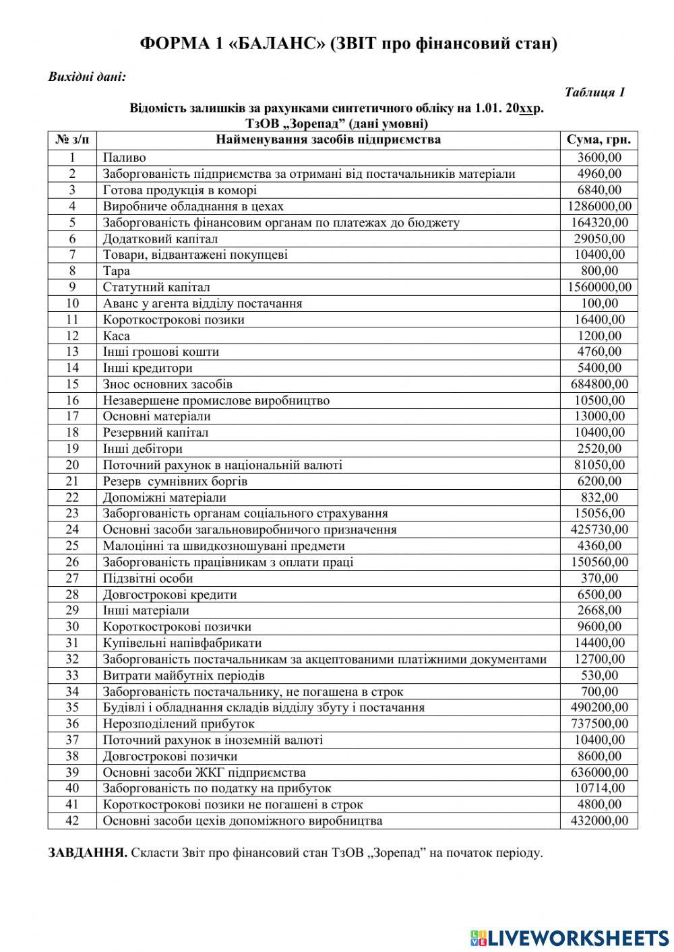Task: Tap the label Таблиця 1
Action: pyautogui.click(x=594, y=92)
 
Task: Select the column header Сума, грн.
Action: pyautogui.click(x=599, y=140)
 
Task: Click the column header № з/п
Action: pyautogui.click(x=72, y=140)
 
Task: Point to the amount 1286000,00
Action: pyautogui.click(x=599, y=206)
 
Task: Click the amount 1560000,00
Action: pyautogui.click(x=599, y=287)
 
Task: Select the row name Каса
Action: pyautogui.click(x=117, y=336)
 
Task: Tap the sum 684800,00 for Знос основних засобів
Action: pyautogui.click(x=599, y=384)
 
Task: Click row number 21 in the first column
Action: pyautogui.click(x=72, y=481)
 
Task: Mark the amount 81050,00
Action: pyautogui.click(x=599, y=465)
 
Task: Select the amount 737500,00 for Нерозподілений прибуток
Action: pyautogui.click(x=599, y=724)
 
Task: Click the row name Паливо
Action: pyautogui.click(x=124, y=158)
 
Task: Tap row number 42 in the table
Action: pyautogui.click(x=72, y=821)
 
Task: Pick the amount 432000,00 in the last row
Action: pyautogui.click(x=599, y=821)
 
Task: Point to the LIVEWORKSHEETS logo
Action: pyautogui.click(x=570, y=937)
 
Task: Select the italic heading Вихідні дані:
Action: pyautogui.click(x=87, y=77)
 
